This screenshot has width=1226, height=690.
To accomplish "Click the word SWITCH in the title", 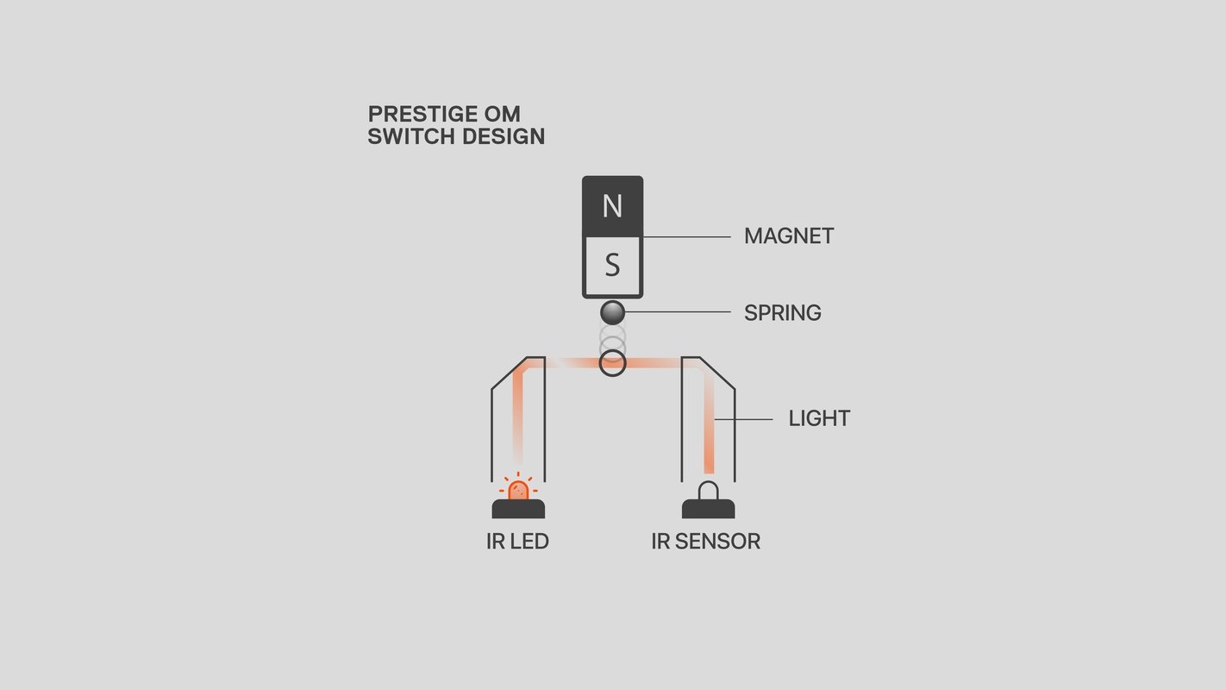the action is (411, 136).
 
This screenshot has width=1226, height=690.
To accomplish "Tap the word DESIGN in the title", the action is (504, 136).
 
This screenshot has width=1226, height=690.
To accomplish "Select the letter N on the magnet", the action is (612, 206).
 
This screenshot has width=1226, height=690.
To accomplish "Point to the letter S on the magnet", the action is (612, 265).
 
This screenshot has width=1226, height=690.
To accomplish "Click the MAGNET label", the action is (789, 236).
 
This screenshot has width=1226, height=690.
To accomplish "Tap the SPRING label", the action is (783, 313).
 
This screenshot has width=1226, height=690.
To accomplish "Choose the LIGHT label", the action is (819, 418).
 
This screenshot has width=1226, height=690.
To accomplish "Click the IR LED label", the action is (517, 541).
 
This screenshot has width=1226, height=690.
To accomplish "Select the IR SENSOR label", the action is (705, 541).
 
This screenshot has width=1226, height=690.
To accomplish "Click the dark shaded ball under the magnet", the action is (612, 313).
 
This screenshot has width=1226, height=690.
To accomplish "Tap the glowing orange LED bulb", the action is (518, 490).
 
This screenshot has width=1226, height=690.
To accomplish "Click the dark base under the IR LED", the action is (518, 509).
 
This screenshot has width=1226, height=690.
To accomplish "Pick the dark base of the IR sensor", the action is (708, 509).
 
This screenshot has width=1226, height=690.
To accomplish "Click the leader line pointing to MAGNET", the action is (687, 237).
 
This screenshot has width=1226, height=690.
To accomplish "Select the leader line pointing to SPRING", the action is (678, 312).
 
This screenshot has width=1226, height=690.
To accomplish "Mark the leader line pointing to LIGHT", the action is (743, 419).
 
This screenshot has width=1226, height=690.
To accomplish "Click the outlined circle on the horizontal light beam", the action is (612, 352).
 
